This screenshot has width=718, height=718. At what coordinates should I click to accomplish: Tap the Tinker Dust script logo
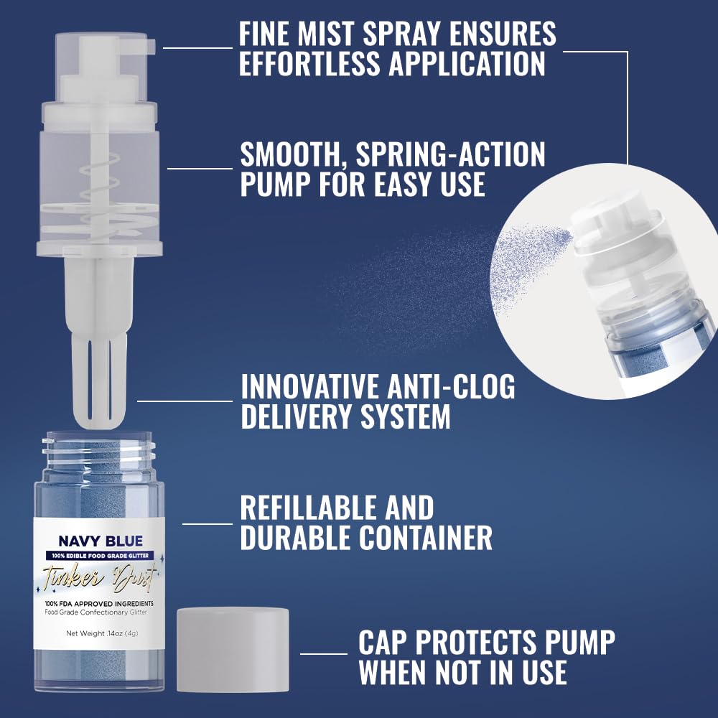coord(101,576)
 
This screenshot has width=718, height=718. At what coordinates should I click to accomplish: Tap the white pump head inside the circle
coord(610,223)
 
